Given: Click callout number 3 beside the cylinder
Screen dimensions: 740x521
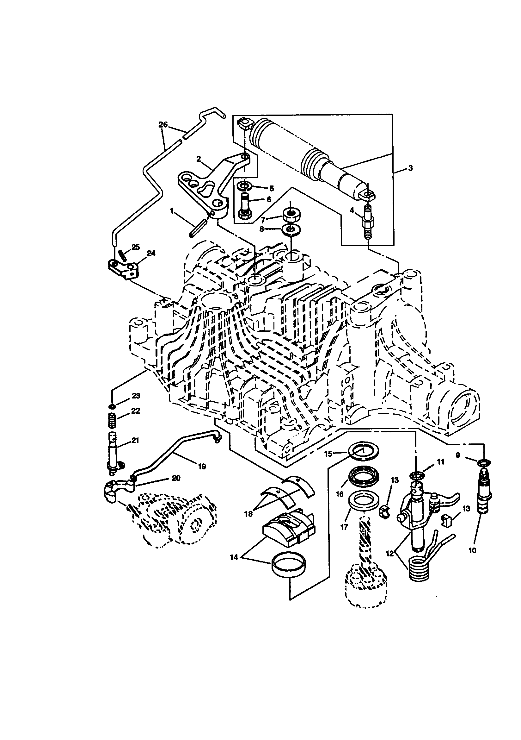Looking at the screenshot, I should pyautogui.click(x=410, y=168).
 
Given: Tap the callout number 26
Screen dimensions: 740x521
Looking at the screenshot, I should pyautogui.click(x=163, y=124).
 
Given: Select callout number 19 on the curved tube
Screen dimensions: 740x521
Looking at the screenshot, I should pyautogui.click(x=202, y=466).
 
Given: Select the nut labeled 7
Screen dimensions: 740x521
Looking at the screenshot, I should pyautogui.click(x=290, y=215).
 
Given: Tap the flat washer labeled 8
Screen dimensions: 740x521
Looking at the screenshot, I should pyautogui.click(x=291, y=229).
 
